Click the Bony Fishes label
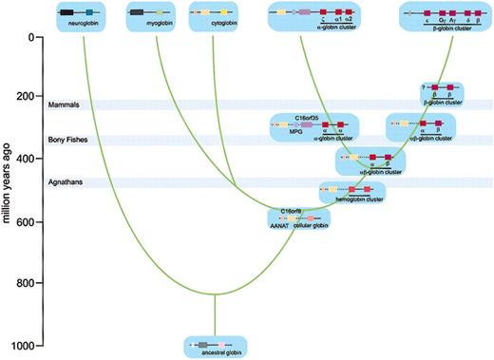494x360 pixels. pyautogui.click(x=68, y=140)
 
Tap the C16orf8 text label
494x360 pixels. pyautogui.click(x=291, y=208)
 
